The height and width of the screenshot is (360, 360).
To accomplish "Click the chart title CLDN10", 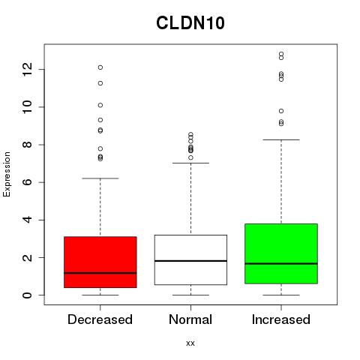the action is tap(190, 23).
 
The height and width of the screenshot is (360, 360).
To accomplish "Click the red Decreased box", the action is tap(100, 262).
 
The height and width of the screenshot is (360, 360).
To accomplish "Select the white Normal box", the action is tap(190, 259).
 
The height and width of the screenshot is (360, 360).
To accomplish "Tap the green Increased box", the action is tap(281, 253).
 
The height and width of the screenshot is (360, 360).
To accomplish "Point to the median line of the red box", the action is tap(100, 273).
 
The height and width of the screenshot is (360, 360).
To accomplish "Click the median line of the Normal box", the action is tap(190, 261).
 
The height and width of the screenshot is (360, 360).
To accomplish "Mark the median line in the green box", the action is tap(281, 263).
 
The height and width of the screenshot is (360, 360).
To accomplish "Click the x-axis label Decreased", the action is tap(100, 319).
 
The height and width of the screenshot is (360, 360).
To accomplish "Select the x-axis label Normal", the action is tap(190, 319).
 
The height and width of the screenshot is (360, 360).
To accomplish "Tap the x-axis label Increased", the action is tap(281, 319).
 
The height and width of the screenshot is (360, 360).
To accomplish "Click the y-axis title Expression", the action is tap(7, 174).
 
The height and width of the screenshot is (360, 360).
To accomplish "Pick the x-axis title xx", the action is tap(190, 343).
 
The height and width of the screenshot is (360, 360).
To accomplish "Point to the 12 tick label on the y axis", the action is tap(27, 69).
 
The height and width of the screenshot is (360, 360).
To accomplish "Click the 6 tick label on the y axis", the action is tap(27, 182).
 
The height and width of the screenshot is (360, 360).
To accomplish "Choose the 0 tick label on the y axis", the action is tap(27, 295).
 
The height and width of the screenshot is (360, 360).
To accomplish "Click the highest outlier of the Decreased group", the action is tap(100, 67).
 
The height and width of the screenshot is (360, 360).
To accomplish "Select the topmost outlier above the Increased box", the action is tap(281, 54).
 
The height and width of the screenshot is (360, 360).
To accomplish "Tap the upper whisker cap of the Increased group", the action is tap(281, 139).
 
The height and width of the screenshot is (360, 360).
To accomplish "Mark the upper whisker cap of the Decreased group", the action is tap(100, 178).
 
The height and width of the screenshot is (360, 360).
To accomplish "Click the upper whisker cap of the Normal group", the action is tap(190, 163).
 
